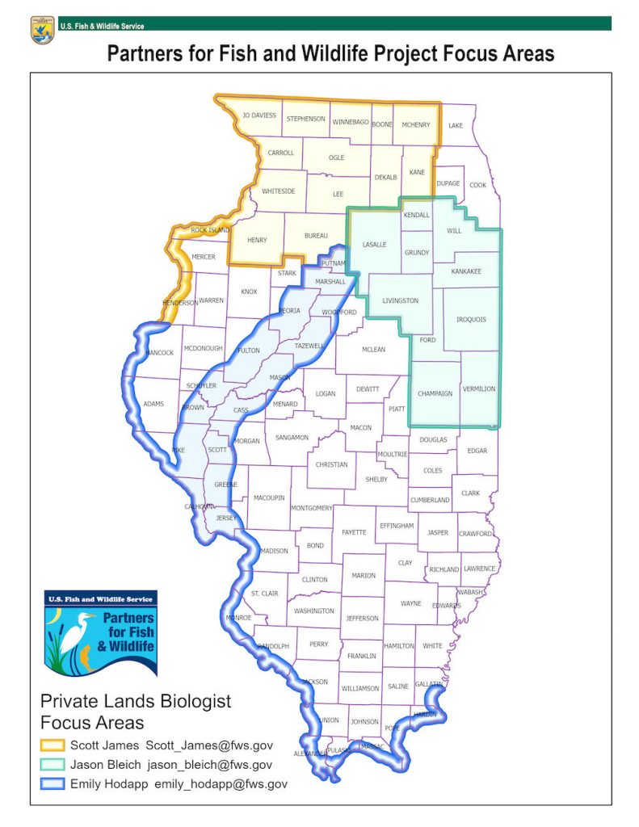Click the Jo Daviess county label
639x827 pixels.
(259, 115)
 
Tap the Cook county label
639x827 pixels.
(478, 184)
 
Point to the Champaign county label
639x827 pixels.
(435, 393)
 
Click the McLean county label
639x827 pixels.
(373, 350)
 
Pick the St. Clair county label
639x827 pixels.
(264, 594)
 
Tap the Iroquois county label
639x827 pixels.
(471, 319)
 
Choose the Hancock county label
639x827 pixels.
(158, 353)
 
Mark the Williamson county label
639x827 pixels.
(360, 688)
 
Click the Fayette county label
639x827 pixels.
(354, 532)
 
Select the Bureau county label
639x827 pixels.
(316, 236)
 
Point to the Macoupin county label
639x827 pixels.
(269, 498)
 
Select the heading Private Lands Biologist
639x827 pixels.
(136, 701)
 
